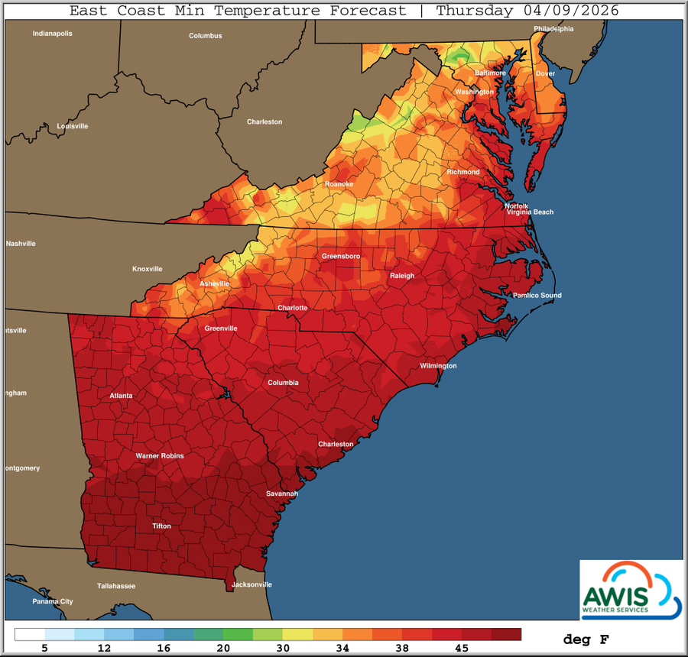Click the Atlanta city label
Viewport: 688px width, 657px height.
click(120, 396)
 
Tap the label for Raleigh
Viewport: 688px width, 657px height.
click(401, 276)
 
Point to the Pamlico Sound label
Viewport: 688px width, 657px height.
click(537, 296)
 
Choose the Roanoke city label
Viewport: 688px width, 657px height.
click(339, 184)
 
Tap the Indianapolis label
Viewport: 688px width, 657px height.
click(52, 34)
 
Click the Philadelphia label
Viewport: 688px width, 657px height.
click(553, 29)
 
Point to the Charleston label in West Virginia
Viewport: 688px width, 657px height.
click(264, 122)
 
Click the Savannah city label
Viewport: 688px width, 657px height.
click(281, 494)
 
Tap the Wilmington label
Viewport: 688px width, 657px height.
click(438, 366)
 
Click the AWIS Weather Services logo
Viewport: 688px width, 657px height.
click(631, 588)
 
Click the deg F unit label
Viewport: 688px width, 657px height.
click(586, 639)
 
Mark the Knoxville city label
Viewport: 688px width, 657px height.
click(147, 269)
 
